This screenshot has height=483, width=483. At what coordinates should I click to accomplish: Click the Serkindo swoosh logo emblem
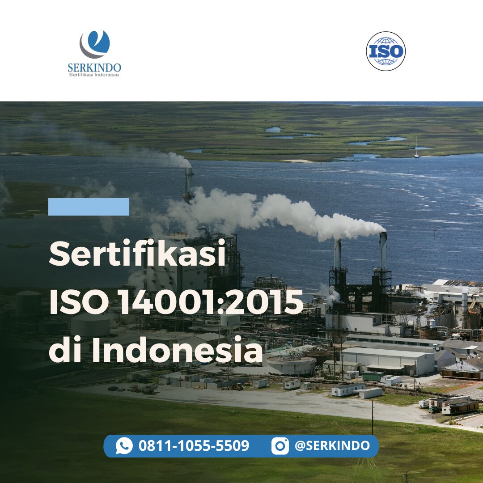coord(94,44)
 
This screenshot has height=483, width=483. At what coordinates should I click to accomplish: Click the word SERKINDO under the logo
coord(94,68)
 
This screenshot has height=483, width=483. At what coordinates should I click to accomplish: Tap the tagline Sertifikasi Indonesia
coord(94,75)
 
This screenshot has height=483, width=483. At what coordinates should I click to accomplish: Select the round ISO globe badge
coord(386,51)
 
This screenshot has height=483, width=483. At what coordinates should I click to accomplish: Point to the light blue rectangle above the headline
coord(89,207)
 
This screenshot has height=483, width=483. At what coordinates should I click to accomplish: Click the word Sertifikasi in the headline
coord(137,253)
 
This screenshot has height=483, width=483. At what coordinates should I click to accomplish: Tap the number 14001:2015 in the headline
coord(211,302)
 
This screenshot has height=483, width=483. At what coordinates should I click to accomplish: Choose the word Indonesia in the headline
coord(177,350)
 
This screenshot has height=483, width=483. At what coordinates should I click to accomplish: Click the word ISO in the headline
coord(79,302)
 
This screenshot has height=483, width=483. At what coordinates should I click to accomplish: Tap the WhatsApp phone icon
coord(124,446)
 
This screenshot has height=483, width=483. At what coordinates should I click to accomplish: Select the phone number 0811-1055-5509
coord(194,446)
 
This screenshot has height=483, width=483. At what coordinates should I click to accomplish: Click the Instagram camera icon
coord(280,446)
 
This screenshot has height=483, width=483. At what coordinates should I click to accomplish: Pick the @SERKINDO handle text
coord(332,445)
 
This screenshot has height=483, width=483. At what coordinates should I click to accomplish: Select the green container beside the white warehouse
coord(373,376)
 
